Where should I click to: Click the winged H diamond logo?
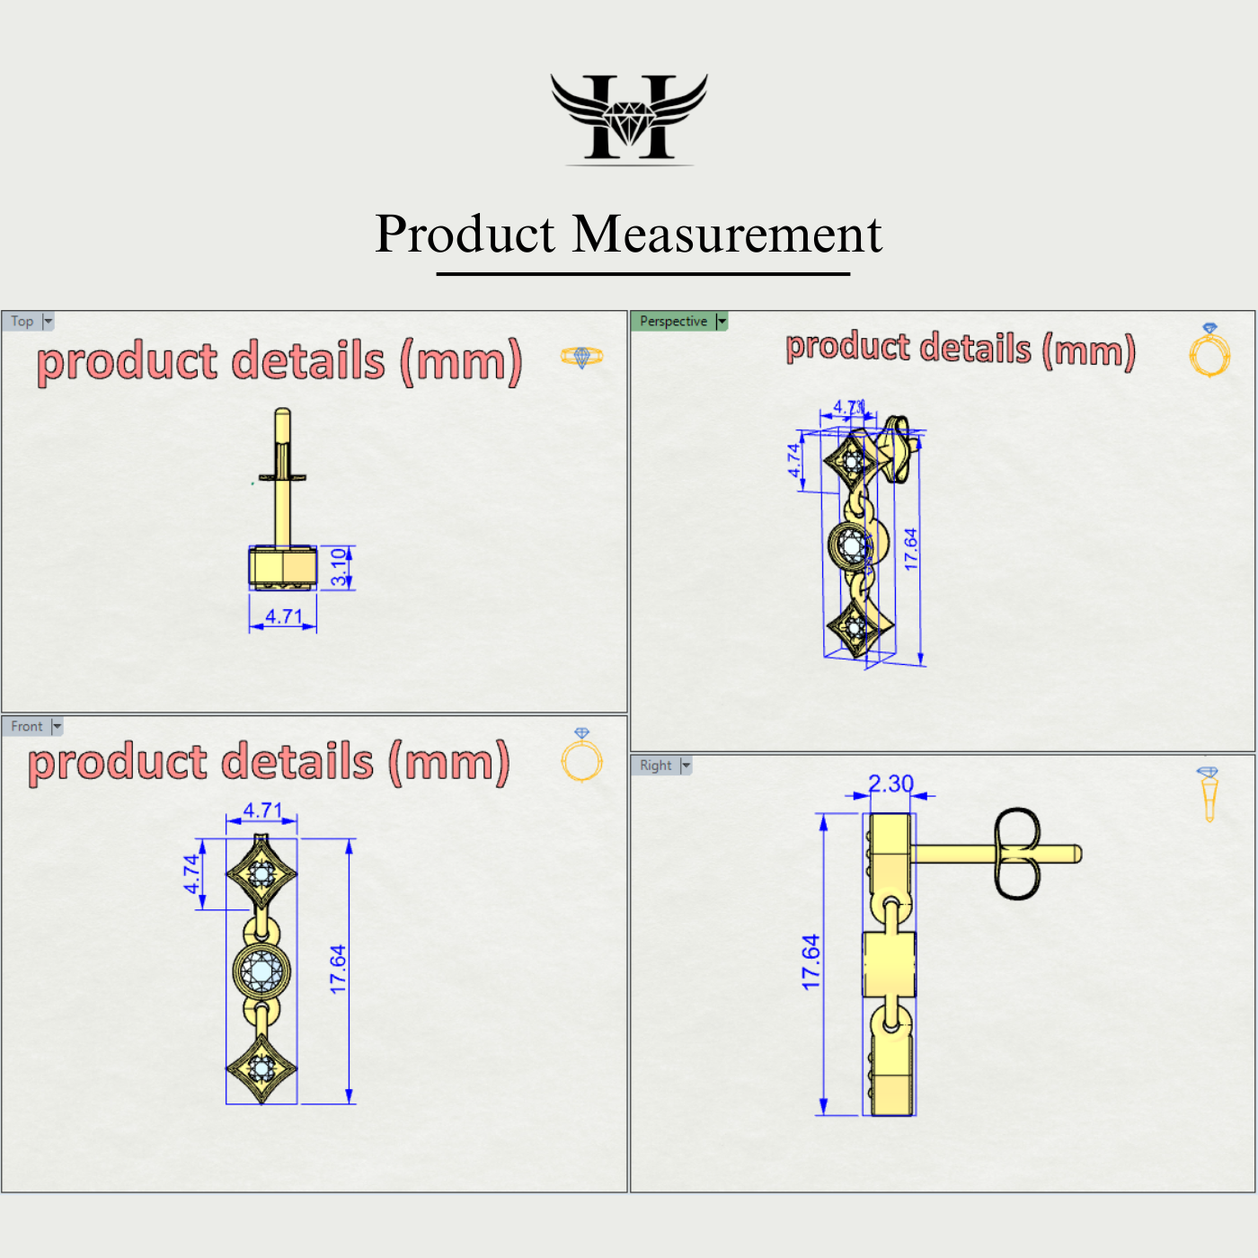tap(629, 118)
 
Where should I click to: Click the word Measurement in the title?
tap(727, 235)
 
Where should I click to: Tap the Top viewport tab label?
tap(22, 321)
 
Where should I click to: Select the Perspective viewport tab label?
tap(673, 321)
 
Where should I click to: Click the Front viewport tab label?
tap(27, 726)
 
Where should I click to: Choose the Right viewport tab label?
tap(655, 766)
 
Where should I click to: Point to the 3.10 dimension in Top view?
tap(339, 567)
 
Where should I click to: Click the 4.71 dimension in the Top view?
tap(283, 616)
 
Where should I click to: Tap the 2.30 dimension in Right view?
tap(890, 784)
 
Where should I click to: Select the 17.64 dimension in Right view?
tap(811, 962)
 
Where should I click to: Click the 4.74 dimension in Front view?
tap(191, 873)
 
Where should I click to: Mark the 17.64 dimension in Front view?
tap(338, 970)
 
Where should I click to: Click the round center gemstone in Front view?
tap(261, 970)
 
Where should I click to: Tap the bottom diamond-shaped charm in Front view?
tap(261, 1068)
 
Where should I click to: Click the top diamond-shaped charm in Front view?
tap(261, 873)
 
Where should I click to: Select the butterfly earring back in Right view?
tap(1016, 854)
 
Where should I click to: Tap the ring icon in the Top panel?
tap(581, 357)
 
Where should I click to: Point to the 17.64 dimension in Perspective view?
tap(910, 549)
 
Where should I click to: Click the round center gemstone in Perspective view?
tap(850, 544)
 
